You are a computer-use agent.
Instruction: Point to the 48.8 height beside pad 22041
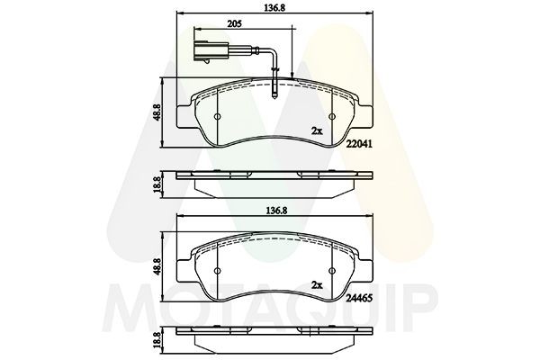[x=159, y=113]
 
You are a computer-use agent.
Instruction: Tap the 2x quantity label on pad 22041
[x=316, y=130]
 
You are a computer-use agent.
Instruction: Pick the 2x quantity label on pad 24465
[x=316, y=284]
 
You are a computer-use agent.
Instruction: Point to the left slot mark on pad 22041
[x=220, y=119]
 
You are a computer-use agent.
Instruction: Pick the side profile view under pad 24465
[x=276, y=335]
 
